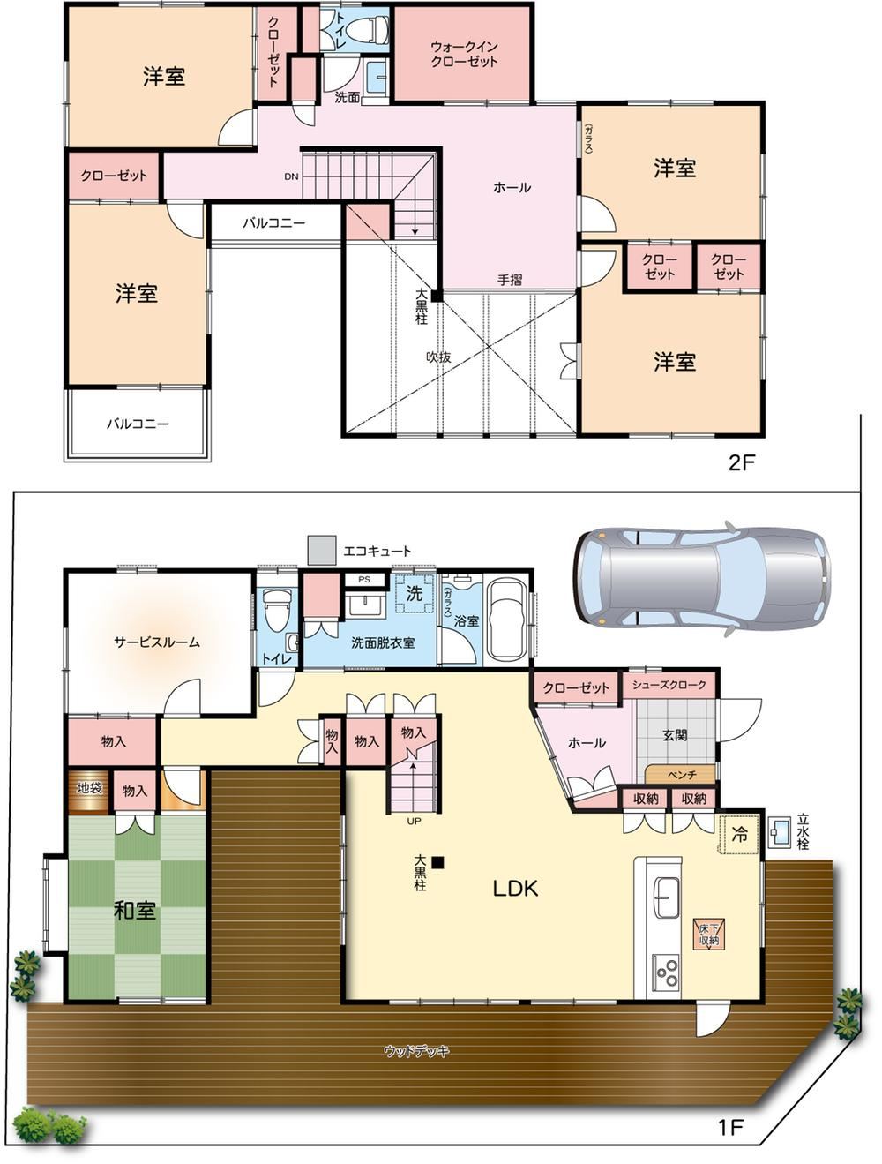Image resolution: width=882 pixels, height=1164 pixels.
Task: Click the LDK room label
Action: point(515,889)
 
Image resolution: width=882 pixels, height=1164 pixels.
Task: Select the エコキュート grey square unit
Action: point(322,550)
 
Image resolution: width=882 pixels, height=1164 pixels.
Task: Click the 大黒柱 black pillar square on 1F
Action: point(437,863)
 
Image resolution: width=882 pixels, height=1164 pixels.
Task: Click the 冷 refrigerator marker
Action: point(739,835)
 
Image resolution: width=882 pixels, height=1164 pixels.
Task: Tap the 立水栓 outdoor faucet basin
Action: point(778,831)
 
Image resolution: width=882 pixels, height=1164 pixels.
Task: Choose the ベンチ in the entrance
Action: point(680,774)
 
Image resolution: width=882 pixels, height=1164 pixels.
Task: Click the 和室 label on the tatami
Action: point(135,911)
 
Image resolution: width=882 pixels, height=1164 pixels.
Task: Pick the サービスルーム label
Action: point(157,642)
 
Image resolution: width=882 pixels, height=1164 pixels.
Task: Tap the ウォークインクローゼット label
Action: point(464,54)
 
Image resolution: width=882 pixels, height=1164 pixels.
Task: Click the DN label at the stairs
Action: point(291,176)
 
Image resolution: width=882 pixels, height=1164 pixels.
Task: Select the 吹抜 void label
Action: point(438,357)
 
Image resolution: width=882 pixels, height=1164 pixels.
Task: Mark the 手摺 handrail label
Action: point(510,280)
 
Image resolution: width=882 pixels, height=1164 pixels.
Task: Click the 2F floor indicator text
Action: point(741,463)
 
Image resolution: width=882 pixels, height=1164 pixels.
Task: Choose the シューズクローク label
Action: point(669,685)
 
